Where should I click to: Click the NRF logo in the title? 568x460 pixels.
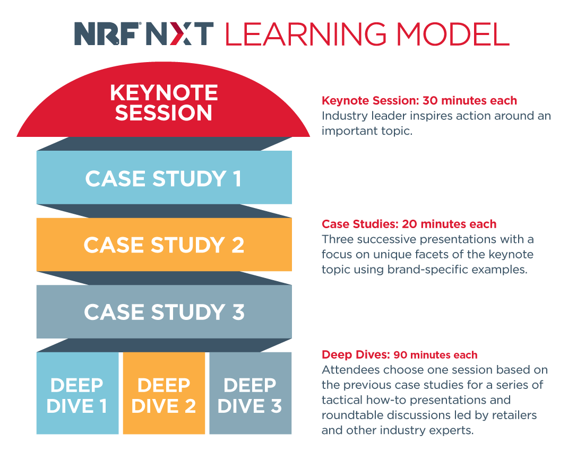108,33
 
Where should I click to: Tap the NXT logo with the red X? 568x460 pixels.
179,33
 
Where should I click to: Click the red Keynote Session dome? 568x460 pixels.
163,102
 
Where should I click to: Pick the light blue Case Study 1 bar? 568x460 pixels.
164,177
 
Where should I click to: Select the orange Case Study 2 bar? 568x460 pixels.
164,244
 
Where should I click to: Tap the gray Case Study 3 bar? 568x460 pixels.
164,311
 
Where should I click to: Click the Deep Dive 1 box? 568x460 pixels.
78,393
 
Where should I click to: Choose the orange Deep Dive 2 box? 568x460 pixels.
164,393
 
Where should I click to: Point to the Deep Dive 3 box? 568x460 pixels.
251,393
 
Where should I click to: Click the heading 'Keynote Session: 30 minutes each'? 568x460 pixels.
419,101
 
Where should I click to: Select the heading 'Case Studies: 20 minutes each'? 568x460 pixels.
409,224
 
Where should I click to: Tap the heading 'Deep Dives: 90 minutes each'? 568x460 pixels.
400,354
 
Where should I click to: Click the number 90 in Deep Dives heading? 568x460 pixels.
400,354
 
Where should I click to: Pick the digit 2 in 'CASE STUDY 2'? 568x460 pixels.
238,245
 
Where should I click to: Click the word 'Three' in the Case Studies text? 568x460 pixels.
336,239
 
